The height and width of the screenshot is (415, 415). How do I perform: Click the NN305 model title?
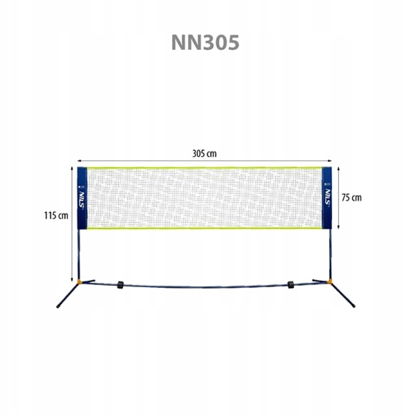pos(205,42)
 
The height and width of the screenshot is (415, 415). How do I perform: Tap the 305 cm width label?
pos(205,154)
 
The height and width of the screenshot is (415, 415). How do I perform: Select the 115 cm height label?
pos(56,216)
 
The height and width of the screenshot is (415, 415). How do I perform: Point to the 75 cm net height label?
pos(351,197)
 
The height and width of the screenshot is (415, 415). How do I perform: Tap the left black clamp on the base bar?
pos(120,285)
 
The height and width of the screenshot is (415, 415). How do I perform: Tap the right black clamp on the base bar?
pos(291,285)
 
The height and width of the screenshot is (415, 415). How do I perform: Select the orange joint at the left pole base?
pos(79,282)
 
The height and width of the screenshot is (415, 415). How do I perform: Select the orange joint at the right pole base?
pos(330,281)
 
